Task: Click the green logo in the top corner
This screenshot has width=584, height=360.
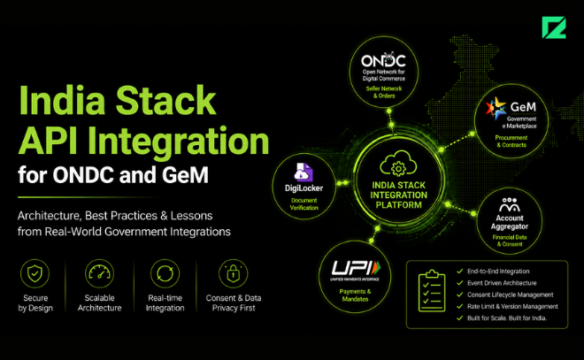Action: tap(554, 27)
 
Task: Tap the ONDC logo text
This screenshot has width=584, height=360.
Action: tap(383, 61)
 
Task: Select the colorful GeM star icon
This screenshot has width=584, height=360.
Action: tap(496, 108)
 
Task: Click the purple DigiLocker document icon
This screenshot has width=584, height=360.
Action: tap(304, 172)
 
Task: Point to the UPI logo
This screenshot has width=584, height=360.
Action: tap(356, 270)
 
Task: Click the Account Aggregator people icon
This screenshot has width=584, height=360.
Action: tap(510, 205)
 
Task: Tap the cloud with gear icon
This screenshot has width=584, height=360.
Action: tap(398, 163)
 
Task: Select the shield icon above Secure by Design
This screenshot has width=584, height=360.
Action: tap(35, 273)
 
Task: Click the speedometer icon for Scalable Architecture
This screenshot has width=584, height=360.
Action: tap(99, 273)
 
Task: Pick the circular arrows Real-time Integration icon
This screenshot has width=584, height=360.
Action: tap(165, 273)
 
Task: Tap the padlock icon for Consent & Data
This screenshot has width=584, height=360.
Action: tap(233, 273)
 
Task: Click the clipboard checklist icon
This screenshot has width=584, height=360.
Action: tap(432, 291)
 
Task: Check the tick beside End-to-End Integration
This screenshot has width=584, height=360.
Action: tap(460, 272)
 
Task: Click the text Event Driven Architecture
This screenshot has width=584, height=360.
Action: tap(502, 283)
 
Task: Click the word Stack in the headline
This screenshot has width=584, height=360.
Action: tap(165, 100)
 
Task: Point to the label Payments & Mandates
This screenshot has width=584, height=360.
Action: tap(355, 295)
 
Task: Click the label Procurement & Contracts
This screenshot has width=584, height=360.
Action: tap(511, 142)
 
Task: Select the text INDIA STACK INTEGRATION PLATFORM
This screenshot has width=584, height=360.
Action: tap(398, 195)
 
